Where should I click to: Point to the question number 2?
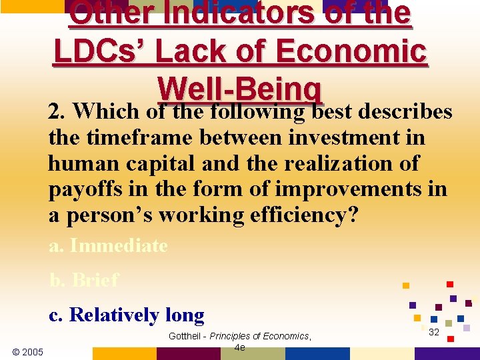tap(55, 112)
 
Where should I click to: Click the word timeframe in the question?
tap(123, 138)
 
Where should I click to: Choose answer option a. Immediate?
tap(108, 245)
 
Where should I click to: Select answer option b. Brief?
tap(84, 280)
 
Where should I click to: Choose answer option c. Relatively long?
tap(127, 315)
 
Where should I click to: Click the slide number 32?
tap(433, 332)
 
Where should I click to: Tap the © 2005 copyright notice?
tap(28, 351)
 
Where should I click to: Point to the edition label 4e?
tap(240, 347)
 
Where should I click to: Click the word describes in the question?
tap(405, 112)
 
